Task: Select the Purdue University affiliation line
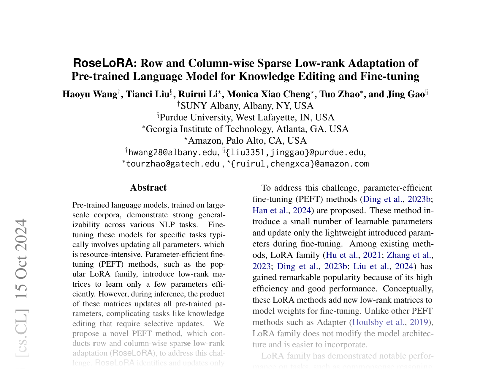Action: click(246, 117)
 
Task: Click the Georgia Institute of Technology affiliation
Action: click(246, 129)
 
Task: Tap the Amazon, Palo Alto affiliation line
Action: click(246, 141)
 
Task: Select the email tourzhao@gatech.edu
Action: click(172, 164)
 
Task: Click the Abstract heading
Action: click(148, 188)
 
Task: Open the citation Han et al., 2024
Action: click(281, 211)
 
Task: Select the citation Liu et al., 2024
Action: click(383, 266)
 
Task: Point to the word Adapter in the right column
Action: click(331, 322)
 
